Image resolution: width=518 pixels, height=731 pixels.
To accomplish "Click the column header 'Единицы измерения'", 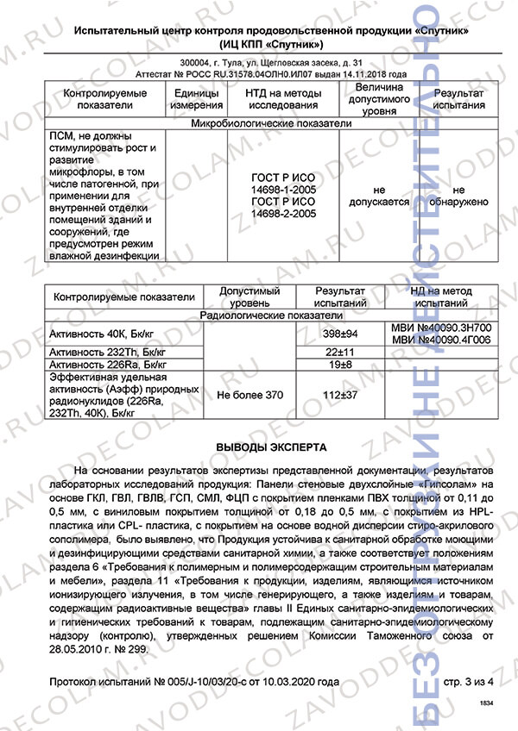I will point(197,99).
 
